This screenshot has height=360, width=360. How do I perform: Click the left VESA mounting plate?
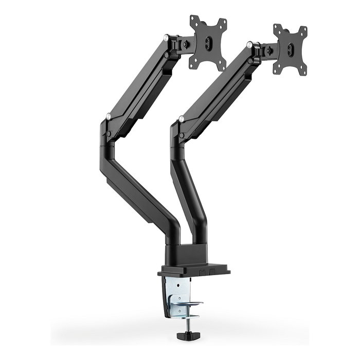(208, 43)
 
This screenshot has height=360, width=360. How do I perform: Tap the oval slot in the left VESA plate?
(208, 43)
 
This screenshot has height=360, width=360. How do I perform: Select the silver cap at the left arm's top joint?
(166, 38)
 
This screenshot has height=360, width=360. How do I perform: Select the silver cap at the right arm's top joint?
(249, 45)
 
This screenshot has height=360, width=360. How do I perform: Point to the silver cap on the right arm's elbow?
(182, 119)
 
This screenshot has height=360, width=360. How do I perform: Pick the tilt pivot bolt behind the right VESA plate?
(268, 51)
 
